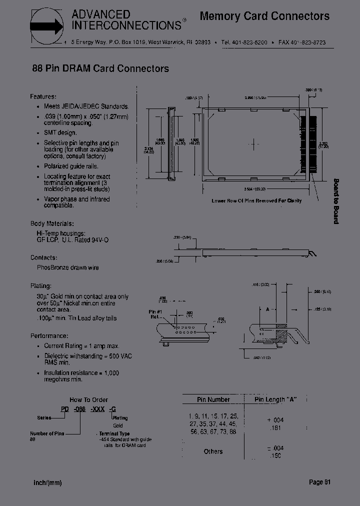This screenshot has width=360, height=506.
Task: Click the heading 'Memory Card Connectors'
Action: [x=264, y=16]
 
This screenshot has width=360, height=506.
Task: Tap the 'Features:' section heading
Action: [x=43, y=96]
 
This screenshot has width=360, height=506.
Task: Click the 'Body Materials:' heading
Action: [x=52, y=223]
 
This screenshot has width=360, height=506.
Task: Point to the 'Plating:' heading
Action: [x=40, y=286]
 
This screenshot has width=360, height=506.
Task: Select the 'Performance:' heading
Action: [x=49, y=335]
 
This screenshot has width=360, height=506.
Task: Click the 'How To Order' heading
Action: [x=88, y=399]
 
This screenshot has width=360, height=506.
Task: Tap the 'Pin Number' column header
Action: [x=213, y=399]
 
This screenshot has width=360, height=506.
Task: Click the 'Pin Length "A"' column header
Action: [x=275, y=399]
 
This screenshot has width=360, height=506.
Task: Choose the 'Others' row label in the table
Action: [x=213, y=451]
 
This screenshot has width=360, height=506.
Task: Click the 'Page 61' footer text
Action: [x=319, y=482]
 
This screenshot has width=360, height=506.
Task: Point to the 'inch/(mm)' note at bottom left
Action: [x=47, y=482]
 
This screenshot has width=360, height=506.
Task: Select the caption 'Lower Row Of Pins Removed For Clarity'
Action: [x=256, y=200]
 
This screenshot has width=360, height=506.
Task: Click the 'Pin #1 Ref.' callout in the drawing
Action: [x=156, y=313]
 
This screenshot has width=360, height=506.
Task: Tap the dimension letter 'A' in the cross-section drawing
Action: [x=268, y=309]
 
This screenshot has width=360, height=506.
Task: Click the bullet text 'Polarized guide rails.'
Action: [x=71, y=166]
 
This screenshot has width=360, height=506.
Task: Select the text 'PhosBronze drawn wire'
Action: [x=67, y=267]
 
